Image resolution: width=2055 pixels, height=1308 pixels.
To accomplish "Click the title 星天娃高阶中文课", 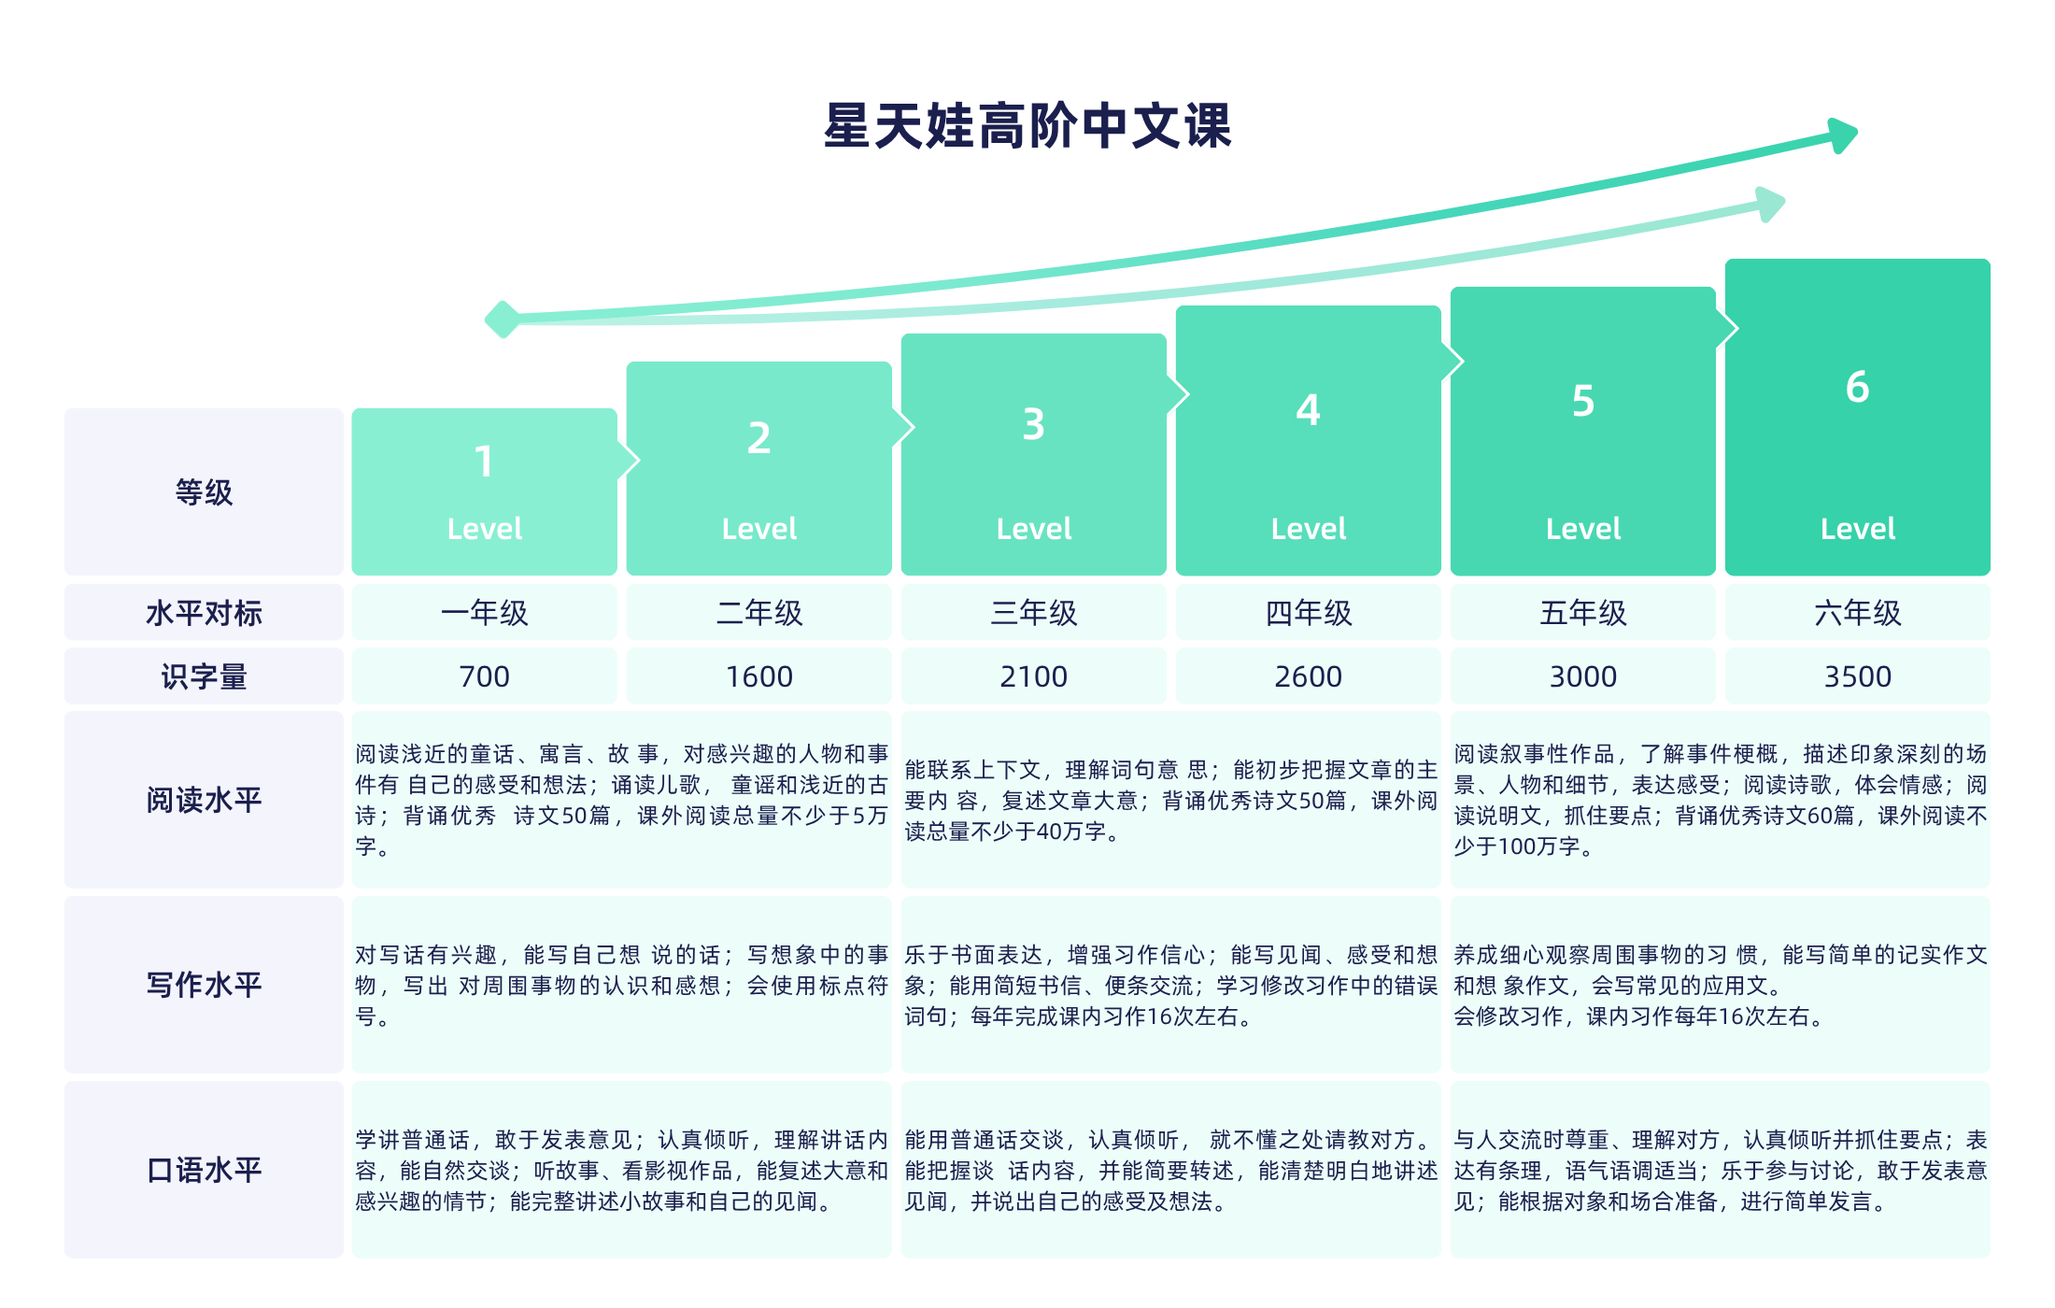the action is coord(1027,126).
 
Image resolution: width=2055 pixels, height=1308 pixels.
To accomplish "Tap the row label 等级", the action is coord(204,492).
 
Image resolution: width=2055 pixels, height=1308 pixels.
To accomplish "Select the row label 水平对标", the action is coord(204,613).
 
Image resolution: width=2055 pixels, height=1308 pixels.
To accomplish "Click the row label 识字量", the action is coord(204,676).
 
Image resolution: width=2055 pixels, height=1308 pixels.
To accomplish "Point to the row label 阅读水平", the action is coord(204,800).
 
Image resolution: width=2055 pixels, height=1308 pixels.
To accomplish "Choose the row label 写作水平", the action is coord(204,985).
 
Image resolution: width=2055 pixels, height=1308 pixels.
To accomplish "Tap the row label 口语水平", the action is coord(204,1170).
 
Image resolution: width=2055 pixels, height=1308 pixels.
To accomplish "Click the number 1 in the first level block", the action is coord(484,462).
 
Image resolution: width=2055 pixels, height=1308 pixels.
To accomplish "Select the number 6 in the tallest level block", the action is coord(1857,387).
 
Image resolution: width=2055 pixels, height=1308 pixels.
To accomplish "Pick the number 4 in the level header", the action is coord(1308,410).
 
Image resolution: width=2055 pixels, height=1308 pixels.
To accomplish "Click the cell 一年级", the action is coord(484,613).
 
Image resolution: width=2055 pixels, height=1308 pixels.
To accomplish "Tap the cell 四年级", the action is coord(1308,613).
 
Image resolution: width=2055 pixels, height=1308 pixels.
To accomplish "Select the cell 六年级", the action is coord(1857,613).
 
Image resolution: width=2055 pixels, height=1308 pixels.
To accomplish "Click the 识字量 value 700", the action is coord(484,676).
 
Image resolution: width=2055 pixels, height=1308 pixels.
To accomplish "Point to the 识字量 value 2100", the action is coord(1033,676).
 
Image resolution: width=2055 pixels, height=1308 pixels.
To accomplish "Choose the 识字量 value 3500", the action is coord(1857,676).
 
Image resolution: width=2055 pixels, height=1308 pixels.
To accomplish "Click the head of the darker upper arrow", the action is coord(1842,135).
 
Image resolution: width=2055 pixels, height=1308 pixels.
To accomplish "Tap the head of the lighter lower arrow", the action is coord(1770,204).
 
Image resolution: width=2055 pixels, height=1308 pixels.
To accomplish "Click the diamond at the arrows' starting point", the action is coord(503,320).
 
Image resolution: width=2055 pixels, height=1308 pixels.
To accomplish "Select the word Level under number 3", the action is coord(1033,529).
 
